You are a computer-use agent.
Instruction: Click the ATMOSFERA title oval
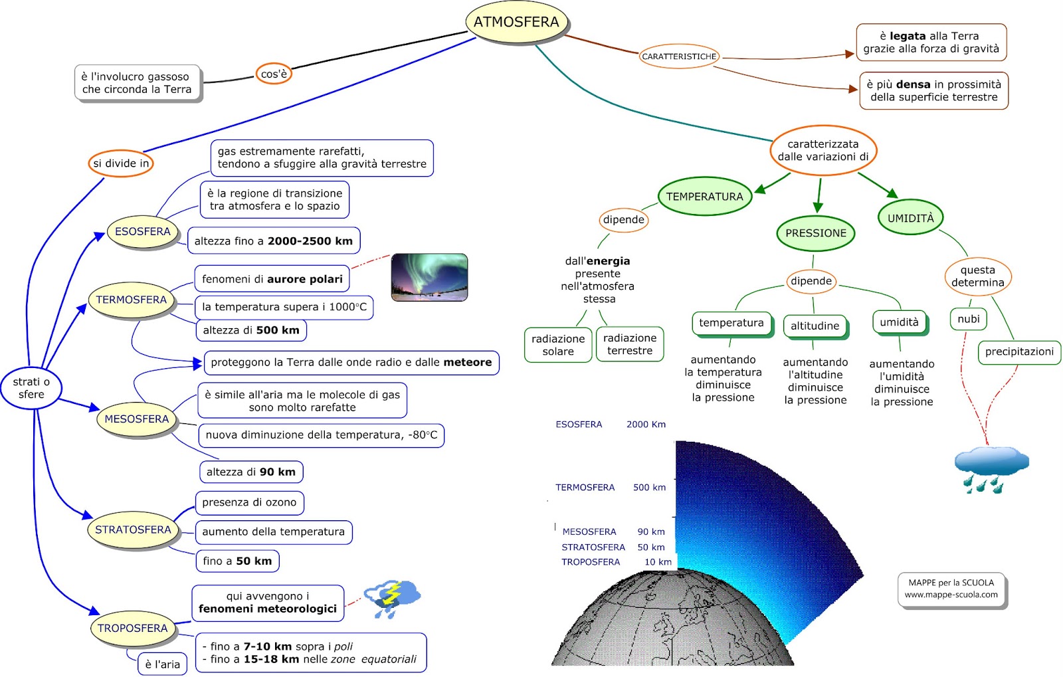click(x=516, y=22)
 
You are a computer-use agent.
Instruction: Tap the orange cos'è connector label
click(x=274, y=74)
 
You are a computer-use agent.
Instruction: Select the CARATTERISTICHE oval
click(x=679, y=56)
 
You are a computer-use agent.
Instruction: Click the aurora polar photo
click(x=429, y=277)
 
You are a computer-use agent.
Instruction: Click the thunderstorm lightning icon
click(x=393, y=598)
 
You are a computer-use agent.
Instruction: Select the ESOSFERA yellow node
click(x=143, y=232)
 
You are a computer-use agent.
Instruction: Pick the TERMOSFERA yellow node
click(x=132, y=300)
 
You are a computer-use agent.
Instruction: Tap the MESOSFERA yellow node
click(x=137, y=419)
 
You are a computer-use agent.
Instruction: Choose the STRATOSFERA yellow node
click(x=133, y=530)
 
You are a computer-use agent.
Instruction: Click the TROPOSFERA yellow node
click(x=133, y=629)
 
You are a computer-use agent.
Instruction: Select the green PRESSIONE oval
click(x=816, y=233)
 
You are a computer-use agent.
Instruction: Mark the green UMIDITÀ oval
click(x=911, y=218)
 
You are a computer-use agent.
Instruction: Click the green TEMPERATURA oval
click(x=704, y=197)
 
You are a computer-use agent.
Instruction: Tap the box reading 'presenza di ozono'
click(x=249, y=503)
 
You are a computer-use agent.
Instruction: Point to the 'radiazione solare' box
click(x=558, y=345)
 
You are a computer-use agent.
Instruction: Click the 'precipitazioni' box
click(x=1019, y=352)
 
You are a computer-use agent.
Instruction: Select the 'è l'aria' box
click(x=163, y=664)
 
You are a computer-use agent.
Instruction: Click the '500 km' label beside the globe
click(x=649, y=488)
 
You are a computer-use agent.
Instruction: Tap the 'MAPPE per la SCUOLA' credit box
click(x=951, y=589)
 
